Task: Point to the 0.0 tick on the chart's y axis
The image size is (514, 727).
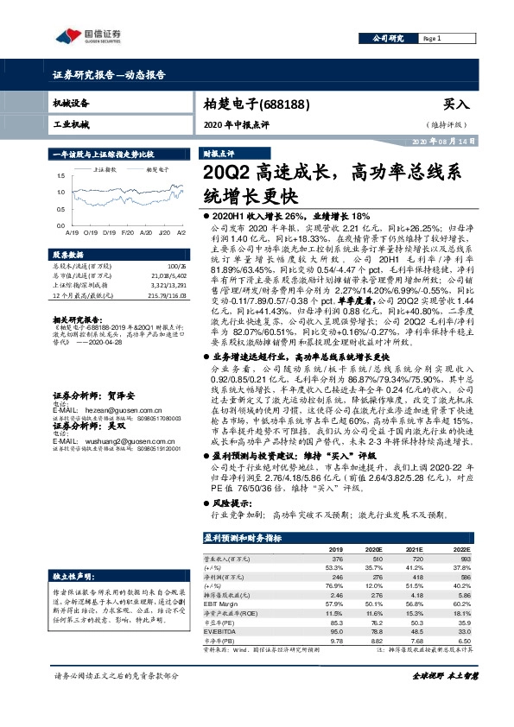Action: (60, 225)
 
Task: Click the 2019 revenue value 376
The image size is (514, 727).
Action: (338, 559)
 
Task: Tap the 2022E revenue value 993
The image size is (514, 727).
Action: (463, 559)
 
